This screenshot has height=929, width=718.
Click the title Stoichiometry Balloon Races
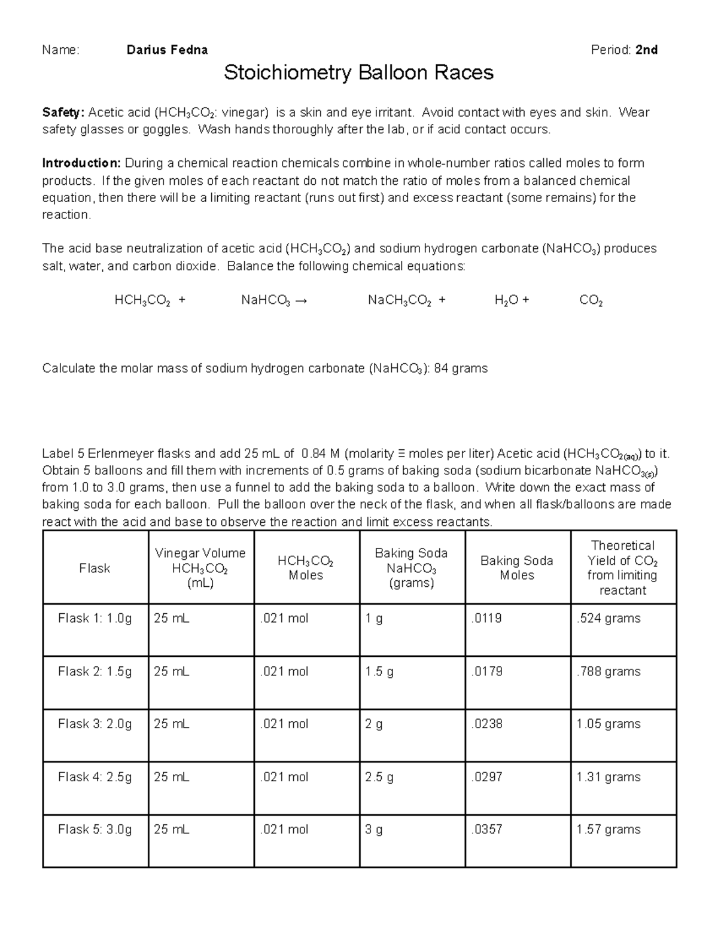(358, 73)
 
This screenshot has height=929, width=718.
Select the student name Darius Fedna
(167, 50)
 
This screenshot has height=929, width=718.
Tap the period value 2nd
(646, 50)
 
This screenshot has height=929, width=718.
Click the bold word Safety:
(63, 112)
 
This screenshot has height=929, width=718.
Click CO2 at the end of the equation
(591, 301)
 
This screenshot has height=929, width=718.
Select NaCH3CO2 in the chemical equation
(399, 301)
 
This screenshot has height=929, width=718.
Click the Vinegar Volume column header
(200, 568)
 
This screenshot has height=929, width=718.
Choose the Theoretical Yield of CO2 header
(622, 568)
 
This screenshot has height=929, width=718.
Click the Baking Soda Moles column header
(516, 568)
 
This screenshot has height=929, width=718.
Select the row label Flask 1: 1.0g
(95, 619)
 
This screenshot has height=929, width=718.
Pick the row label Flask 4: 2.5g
(95, 777)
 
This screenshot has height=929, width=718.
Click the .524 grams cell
(608, 619)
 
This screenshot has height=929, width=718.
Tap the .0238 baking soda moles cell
(486, 724)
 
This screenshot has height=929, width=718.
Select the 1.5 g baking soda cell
(379, 672)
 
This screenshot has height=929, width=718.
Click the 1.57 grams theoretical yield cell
(608, 830)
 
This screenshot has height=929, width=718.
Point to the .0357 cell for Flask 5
(486, 830)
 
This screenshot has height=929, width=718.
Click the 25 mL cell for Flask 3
(171, 724)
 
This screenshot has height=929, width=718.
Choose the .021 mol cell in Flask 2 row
(284, 672)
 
